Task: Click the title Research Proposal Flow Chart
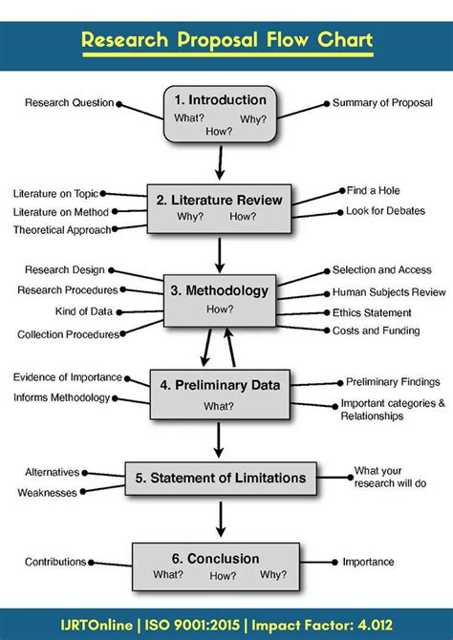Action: [226, 41]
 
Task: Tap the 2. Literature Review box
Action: [221, 207]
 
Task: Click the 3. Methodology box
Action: [221, 297]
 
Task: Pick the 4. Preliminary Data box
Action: [220, 394]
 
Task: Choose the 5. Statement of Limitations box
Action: [226, 478]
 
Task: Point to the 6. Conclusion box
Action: [223, 565]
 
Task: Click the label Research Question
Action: [69, 103]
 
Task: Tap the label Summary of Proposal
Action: [382, 102]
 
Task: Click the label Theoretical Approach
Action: [61, 230]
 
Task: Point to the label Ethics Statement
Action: [372, 312]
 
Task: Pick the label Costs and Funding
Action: [376, 331]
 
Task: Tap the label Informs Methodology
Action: [61, 397]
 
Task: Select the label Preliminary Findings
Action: [393, 382]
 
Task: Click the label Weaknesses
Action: [47, 493]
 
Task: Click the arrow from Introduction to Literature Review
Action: [221, 163]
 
